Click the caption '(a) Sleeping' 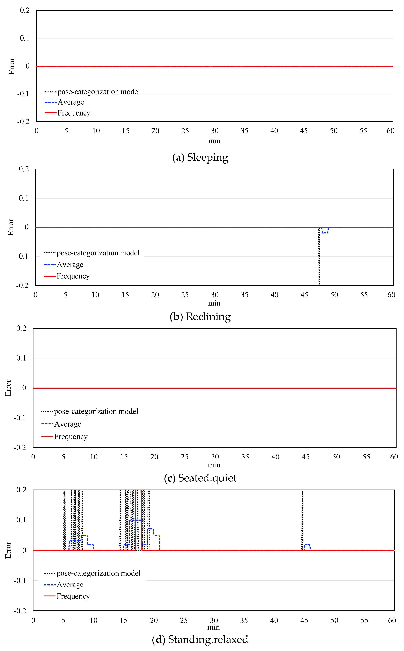click(200, 157)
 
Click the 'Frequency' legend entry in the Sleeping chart click(74, 113)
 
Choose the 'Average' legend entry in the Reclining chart click(70, 265)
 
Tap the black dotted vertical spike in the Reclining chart click(319, 257)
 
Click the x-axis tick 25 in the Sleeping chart click(185, 131)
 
